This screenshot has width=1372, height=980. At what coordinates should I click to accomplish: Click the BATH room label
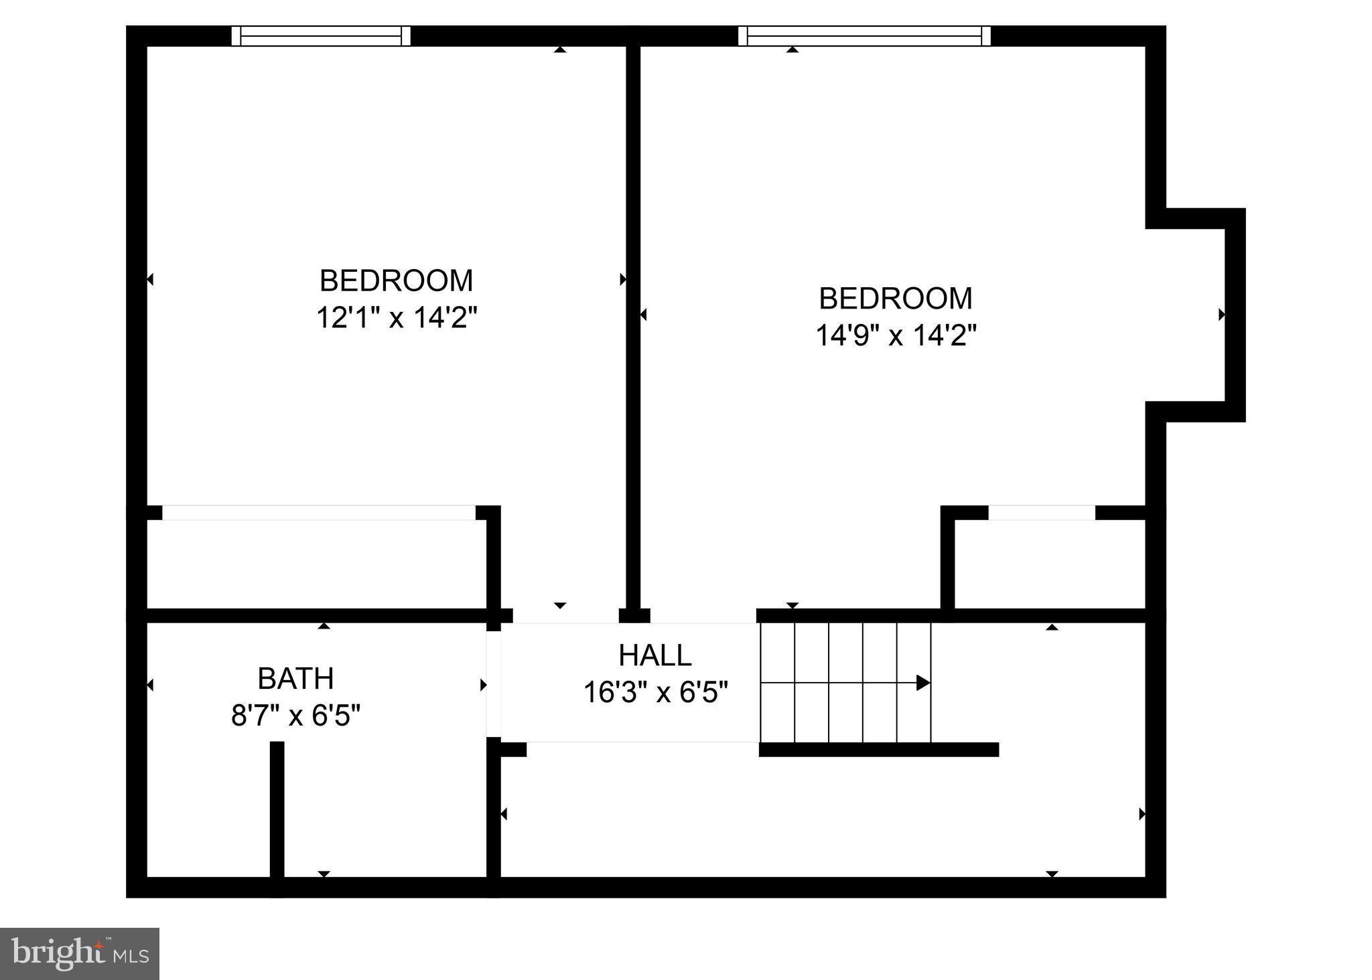tap(295, 679)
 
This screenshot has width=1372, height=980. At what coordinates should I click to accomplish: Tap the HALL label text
tap(655, 655)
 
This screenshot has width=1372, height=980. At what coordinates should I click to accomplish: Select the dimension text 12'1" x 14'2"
tap(397, 317)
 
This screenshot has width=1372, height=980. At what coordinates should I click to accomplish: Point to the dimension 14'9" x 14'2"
tap(896, 335)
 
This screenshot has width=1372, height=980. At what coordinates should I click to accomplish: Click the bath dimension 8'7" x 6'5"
tap(295, 716)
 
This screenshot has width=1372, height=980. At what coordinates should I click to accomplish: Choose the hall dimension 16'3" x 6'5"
tap(655, 692)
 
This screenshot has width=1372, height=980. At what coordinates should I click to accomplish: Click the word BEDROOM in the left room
tap(397, 280)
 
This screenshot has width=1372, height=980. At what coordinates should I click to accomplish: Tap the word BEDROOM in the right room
tap(896, 299)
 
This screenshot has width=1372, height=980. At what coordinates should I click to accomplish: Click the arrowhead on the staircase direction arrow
tap(923, 683)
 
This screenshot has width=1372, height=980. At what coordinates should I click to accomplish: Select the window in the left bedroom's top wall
tap(321, 35)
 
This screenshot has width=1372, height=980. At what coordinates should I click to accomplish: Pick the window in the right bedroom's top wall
tap(864, 35)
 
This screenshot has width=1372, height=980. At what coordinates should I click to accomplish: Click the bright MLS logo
tap(79, 953)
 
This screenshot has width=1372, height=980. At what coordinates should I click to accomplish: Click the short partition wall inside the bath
tap(277, 810)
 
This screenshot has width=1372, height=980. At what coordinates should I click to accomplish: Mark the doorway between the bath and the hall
tap(494, 683)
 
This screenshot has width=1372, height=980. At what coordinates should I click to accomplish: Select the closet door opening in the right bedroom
tap(1042, 513)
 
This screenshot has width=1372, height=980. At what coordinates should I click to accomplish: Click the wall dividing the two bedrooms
tap(633, 321)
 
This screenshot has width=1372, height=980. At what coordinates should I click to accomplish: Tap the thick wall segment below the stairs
tap(878, 750)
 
